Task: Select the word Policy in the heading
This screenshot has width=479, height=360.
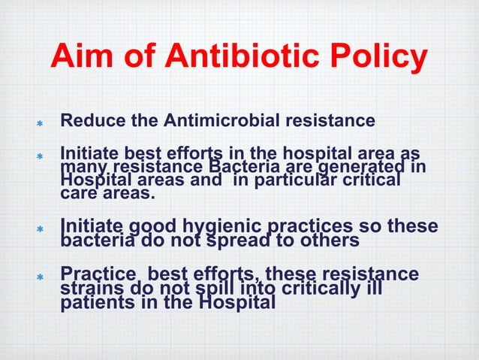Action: pyautogui.click(x=382, y=59)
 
